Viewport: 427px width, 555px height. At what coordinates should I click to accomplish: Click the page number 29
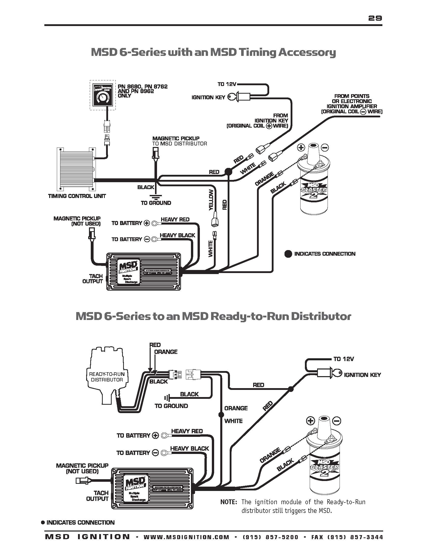pyautogui.click(x=375, y=18)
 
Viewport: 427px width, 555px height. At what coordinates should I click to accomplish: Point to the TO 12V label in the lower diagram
pyautogui.click(x=344, y=359)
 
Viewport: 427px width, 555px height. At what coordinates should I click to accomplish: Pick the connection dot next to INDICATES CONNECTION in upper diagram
pyautogui.click(x=288, y=254)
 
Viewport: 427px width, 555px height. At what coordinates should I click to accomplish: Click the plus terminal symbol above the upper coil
pyautogui.click(x=301, y=147)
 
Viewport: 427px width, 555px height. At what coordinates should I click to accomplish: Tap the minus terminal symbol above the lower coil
pyautogui.click(x=337, y=421)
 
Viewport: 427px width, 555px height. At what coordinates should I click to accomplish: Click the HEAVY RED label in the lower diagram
pyautogui.click(x=187, y=431)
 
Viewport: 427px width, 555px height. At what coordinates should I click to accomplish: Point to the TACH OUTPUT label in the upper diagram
pyautogui.click(x=92, y=279)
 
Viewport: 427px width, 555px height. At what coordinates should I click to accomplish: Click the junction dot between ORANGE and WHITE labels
pyautogui.click(x=220, y=415)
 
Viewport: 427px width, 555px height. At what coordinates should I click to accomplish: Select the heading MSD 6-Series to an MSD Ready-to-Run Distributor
pyautogui.click(x=213, y=316)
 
